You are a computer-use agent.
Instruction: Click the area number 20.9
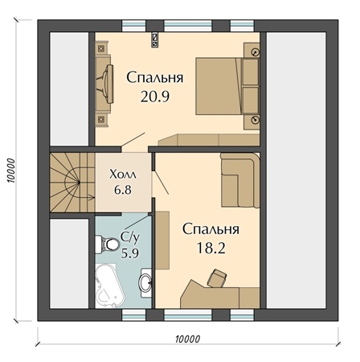[155, 97]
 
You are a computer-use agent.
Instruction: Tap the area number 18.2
[211, 249]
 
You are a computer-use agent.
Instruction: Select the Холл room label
[123, 175]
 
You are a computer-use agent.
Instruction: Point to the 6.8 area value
[123, 190]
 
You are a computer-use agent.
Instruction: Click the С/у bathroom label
[130, 238]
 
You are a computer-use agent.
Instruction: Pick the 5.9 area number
[130, 253]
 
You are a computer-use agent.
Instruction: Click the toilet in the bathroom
[108, 244]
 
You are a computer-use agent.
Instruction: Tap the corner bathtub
[110, 286]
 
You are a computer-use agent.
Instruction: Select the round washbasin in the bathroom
[145, 282]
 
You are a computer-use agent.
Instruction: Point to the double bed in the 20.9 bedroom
[227, 86]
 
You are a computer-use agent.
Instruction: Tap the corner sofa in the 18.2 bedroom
[239, 179]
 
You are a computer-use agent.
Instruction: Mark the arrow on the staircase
[91, 198]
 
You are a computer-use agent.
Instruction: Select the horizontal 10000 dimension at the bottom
[188, 339]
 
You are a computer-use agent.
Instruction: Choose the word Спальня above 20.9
[155, 78]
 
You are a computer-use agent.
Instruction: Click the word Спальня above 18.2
[211, 230]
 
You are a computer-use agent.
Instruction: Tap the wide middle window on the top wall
[188, 26]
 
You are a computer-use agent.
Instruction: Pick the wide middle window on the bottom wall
[188, 315]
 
